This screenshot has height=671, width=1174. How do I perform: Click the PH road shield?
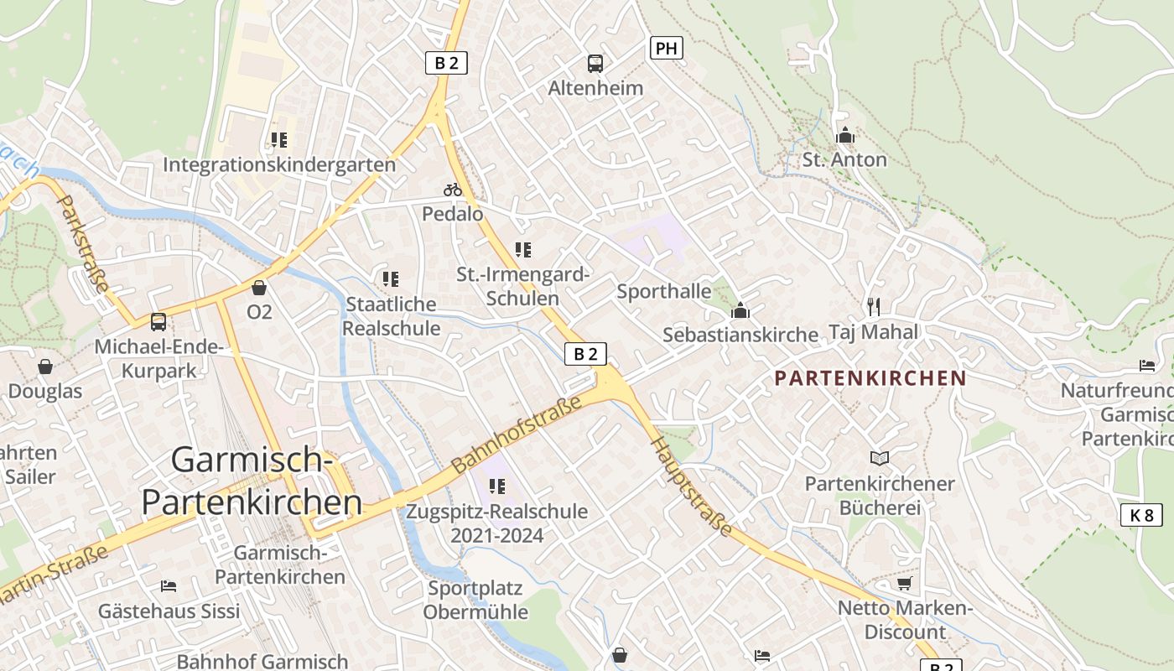(666, 48)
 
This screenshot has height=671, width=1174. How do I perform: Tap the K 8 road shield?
(1141, 515)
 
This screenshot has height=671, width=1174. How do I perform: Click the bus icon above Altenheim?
(595, 63)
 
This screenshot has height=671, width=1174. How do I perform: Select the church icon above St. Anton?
(844, 135)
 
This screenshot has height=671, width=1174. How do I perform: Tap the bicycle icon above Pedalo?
(453, 190)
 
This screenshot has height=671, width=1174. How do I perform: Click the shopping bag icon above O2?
(259, 288)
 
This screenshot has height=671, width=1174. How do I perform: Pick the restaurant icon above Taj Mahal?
(874, 306)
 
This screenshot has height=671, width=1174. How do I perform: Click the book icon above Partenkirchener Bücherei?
(879, 458)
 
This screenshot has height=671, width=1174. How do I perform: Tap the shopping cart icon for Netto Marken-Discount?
(904, 583)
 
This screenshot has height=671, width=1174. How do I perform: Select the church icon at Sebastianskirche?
(740, 310)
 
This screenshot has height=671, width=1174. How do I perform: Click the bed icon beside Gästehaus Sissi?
(169, 585)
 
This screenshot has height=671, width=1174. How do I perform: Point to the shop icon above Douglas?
(45, 367)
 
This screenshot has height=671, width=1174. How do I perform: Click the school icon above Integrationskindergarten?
(278, 139)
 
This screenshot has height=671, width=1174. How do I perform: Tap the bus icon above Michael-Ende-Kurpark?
(158, 321)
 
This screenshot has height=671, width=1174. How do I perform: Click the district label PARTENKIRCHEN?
(870, 378)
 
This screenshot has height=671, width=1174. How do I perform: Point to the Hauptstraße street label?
(692, 486)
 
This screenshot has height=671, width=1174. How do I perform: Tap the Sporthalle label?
(663, 292)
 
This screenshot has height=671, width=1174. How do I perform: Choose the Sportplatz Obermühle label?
(475, 600)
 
